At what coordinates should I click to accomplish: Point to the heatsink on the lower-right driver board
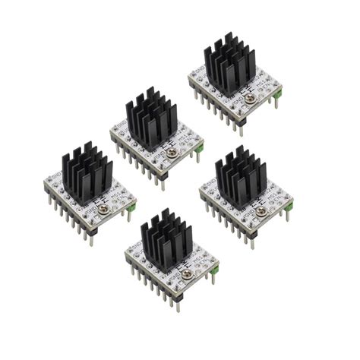[241, 179]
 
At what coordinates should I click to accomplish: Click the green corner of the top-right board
[279, 93]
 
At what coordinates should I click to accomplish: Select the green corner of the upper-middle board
[200, 150]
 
